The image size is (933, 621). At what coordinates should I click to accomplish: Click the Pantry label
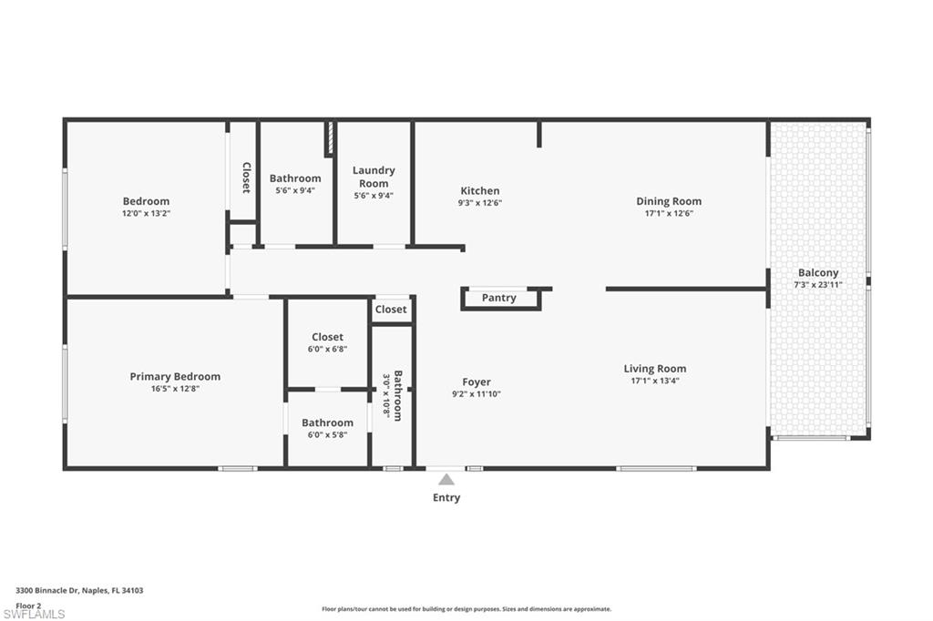[498, 298]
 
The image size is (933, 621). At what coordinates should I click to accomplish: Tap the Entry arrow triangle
[446, 480]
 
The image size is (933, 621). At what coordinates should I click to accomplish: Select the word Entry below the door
[446, 498]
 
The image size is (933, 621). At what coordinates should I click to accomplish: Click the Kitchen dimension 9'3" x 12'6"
[479, 203]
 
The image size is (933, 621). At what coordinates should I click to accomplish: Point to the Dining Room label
[669, 201]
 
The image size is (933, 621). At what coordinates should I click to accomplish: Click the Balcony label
[818, 272]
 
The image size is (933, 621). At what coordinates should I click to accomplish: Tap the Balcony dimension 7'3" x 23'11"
[818, 284]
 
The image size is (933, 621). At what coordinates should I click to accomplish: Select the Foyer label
[477, 382]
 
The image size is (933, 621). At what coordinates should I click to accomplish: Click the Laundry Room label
[374, 177]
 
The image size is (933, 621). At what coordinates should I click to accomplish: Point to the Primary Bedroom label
[175, 376]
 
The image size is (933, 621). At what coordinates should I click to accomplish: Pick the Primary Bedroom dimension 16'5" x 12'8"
[175, 389]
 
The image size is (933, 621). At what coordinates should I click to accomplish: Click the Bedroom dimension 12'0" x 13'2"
[146, 214]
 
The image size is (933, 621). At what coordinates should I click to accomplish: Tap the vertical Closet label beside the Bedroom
[246, 178]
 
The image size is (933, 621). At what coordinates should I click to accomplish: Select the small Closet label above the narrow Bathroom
[391, 310]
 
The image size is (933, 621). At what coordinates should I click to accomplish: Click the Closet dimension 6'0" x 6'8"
[327, 349]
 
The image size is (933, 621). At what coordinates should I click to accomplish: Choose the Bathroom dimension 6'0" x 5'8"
[327, 435]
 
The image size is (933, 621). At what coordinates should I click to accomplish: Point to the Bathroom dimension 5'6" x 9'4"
[295, 191]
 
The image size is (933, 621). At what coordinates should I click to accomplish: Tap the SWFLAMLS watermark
[34, 614]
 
